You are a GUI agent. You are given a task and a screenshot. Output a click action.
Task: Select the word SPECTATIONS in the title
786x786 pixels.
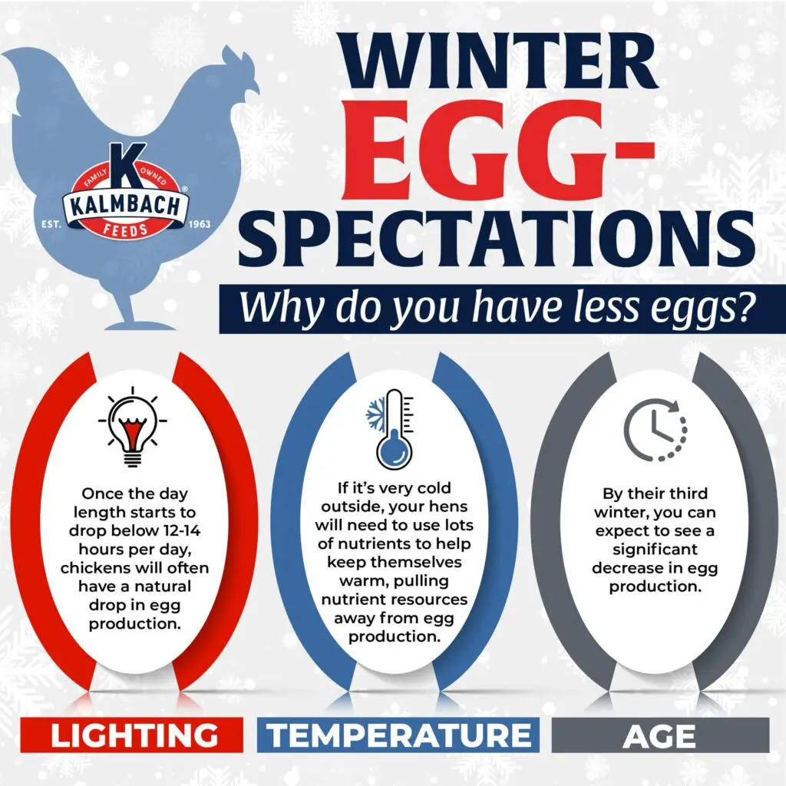click(497, 239)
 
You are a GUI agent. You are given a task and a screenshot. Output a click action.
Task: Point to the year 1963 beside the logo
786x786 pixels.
click(199, 224)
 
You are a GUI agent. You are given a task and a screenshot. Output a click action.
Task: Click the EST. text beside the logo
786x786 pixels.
click(51, 224)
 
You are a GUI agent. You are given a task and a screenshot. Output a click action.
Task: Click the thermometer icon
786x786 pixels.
click(391, 428)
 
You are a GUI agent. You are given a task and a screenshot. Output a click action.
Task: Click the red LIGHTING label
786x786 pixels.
click(132, 735)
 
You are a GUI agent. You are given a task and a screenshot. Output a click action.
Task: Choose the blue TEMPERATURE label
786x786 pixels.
click(398, 735)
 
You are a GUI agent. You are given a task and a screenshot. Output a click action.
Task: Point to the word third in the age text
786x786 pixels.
click(684, 494)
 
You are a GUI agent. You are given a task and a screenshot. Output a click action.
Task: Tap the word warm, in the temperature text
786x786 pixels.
click(362, 582)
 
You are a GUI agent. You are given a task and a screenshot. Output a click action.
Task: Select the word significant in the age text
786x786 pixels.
click(655, 550)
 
